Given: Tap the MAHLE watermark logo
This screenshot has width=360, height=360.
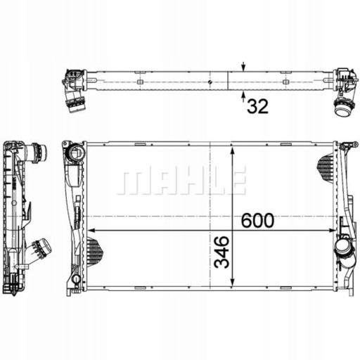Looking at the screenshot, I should [x=181, y=181].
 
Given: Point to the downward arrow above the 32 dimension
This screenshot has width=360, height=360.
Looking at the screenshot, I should [x=243, y=67].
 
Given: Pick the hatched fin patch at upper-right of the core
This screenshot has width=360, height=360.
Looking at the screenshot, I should [x=327, y=166].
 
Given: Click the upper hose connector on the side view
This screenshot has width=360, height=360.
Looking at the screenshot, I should [x=36, y=151].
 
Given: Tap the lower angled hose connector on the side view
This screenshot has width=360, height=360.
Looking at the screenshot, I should [x=41, y=249].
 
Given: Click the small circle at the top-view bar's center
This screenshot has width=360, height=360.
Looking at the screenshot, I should [x=210, y=82].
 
